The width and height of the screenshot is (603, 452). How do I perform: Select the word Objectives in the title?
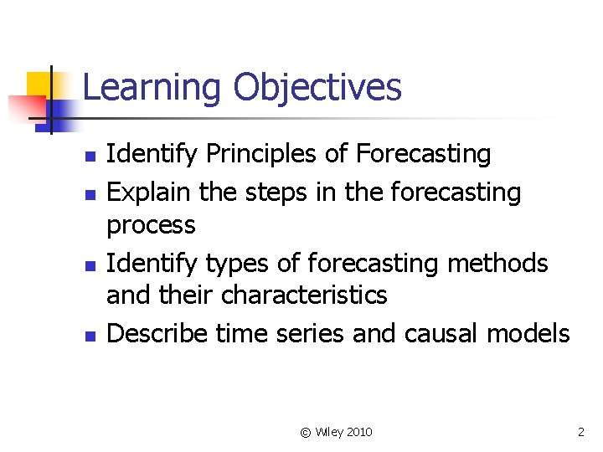(x=317, y=88)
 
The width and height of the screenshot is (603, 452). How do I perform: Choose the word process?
(x=151, y=225)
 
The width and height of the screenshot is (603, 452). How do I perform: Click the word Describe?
(x=158, y=333)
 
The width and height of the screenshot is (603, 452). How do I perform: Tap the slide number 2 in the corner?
(x=580, y=432)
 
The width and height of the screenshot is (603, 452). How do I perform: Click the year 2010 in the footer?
(x=358, y=432)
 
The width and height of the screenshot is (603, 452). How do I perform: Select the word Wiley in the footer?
(x=327, y=432)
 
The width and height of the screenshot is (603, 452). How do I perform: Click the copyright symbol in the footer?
(x=306, y=432)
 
